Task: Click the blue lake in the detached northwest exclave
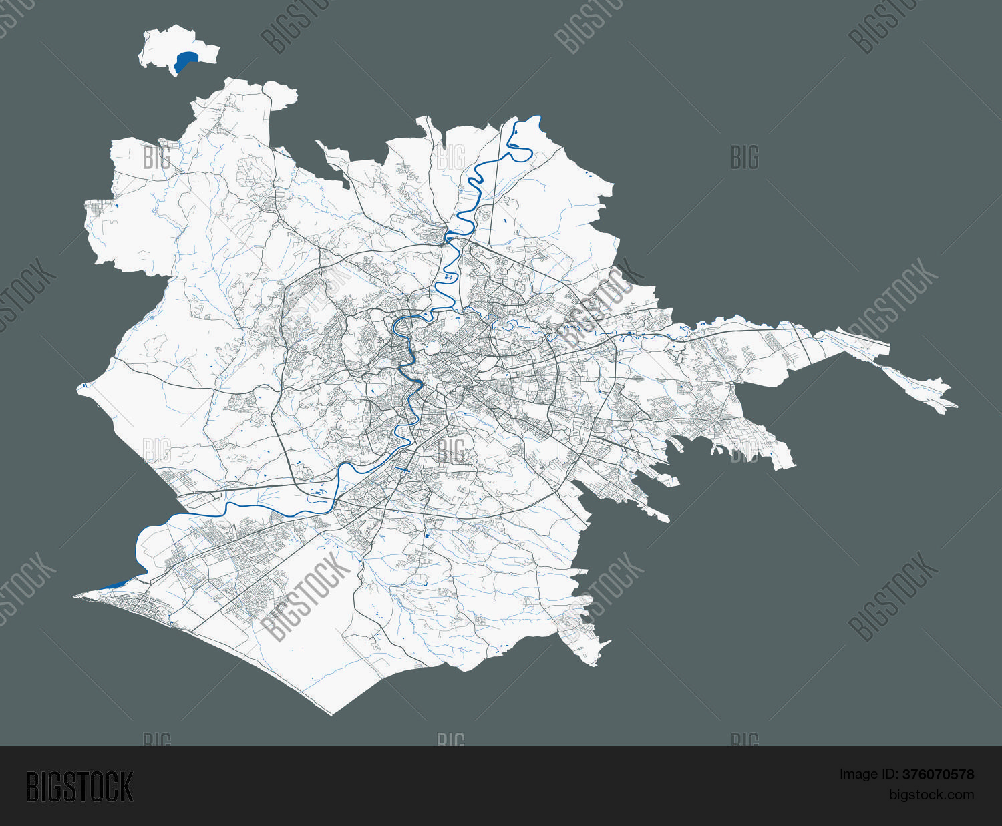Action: pyautogui.click(x=186, y=61)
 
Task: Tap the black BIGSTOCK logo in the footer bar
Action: pyautogui.click(x=79, y=786)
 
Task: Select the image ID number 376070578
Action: pyautogui.click(x=938, y=775)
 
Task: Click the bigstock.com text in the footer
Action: pyautogui.click(x=931, y=795)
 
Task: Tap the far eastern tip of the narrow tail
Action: pyautogui.click(x=956, y=405)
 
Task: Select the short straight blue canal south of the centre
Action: pyautogui.click(x=402, y=469)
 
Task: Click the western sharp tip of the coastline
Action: pyautogui.click(x=75, y=594)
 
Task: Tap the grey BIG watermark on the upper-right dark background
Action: pyautogui.click(x=744, y=158)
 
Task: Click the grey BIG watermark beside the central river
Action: pyautogui.click(x=450, y=451)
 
